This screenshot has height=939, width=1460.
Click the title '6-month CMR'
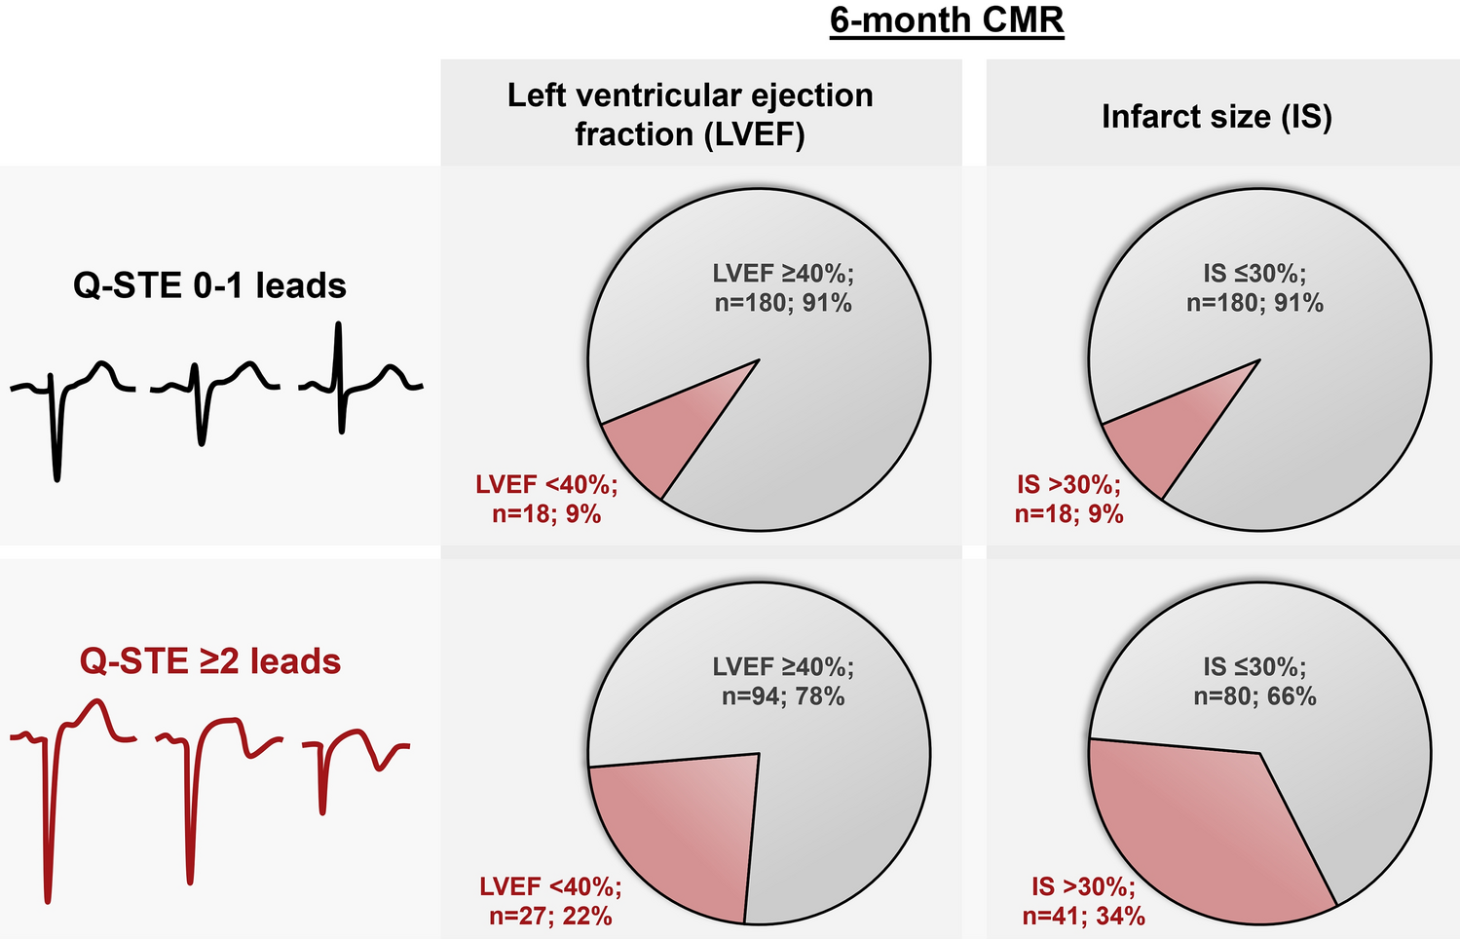(x=947, y=20)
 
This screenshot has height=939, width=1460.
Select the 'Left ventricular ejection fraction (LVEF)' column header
(x=690, y=114)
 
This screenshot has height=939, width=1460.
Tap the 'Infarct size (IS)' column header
(x=1217, y=117)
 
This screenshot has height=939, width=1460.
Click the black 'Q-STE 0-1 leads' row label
(x=209, y=285)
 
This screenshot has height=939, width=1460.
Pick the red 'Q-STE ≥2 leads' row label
(x=209, y=661)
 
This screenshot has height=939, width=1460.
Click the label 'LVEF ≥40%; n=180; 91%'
(x=783, y=288)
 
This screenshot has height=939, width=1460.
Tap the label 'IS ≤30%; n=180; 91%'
(x=1254, y=288)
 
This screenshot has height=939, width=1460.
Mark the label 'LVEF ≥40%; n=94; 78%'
(x=783, y=682)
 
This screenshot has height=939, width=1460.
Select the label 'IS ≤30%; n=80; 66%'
(x=1254, y=682)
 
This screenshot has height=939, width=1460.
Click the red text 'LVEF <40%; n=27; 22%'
(x=550, y=901)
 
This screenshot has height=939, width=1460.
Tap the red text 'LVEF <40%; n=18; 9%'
(x=546, y=499)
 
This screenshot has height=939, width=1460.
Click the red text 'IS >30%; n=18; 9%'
(x=1068, y=499)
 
